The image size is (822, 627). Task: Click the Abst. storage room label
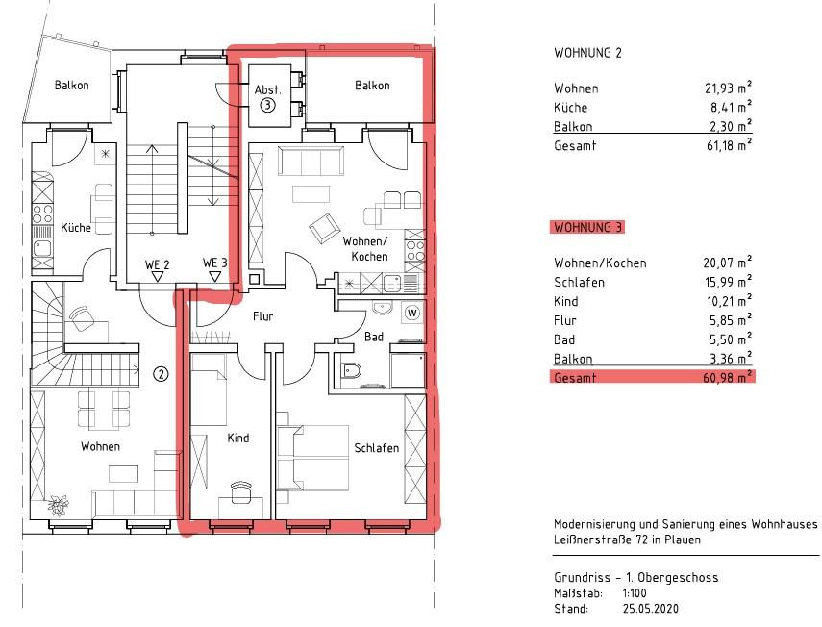(x=267, y=89)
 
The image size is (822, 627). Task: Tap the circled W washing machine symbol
(x=412, y=313)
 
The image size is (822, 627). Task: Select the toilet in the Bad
(x=351, y=370)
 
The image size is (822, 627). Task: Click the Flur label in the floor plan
(x=262, y=316)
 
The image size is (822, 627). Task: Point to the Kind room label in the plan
(x=238, y=438)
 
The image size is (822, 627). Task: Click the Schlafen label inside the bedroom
(x=377, y=448)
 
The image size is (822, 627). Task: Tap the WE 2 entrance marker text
(x=157, y=264)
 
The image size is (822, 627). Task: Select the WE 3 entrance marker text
(x=215, y=263)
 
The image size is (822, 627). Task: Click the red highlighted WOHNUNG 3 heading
(x=587, y=228)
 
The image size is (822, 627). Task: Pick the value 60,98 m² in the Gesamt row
(x=727, y=377)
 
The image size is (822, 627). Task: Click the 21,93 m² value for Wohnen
(x=728, y=88)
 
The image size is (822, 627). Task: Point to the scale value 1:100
(x=635, y=593)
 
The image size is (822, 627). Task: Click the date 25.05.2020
(x=650, y=609)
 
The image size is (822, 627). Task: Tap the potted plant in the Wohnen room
(x=58, y=504)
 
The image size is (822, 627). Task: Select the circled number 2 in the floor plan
(x=161, y=374)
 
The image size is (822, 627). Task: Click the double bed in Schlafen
(x=313, y=458)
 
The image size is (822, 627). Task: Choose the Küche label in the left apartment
(x=76, y=228)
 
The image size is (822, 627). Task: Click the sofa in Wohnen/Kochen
(x=311, y=161)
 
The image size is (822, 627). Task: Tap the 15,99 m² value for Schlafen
(x=728, y=282)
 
